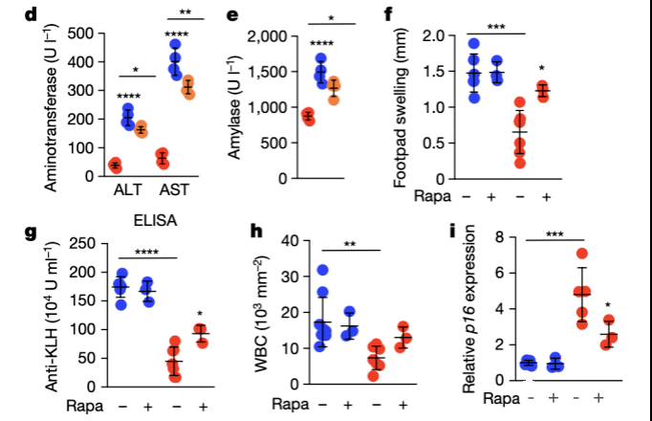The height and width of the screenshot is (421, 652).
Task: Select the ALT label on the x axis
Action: (x=123, y=189)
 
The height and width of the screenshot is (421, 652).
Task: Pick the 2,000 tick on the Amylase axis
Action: (x=272, y=36)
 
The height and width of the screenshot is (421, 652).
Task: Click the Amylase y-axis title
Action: (x=233, y=107)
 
